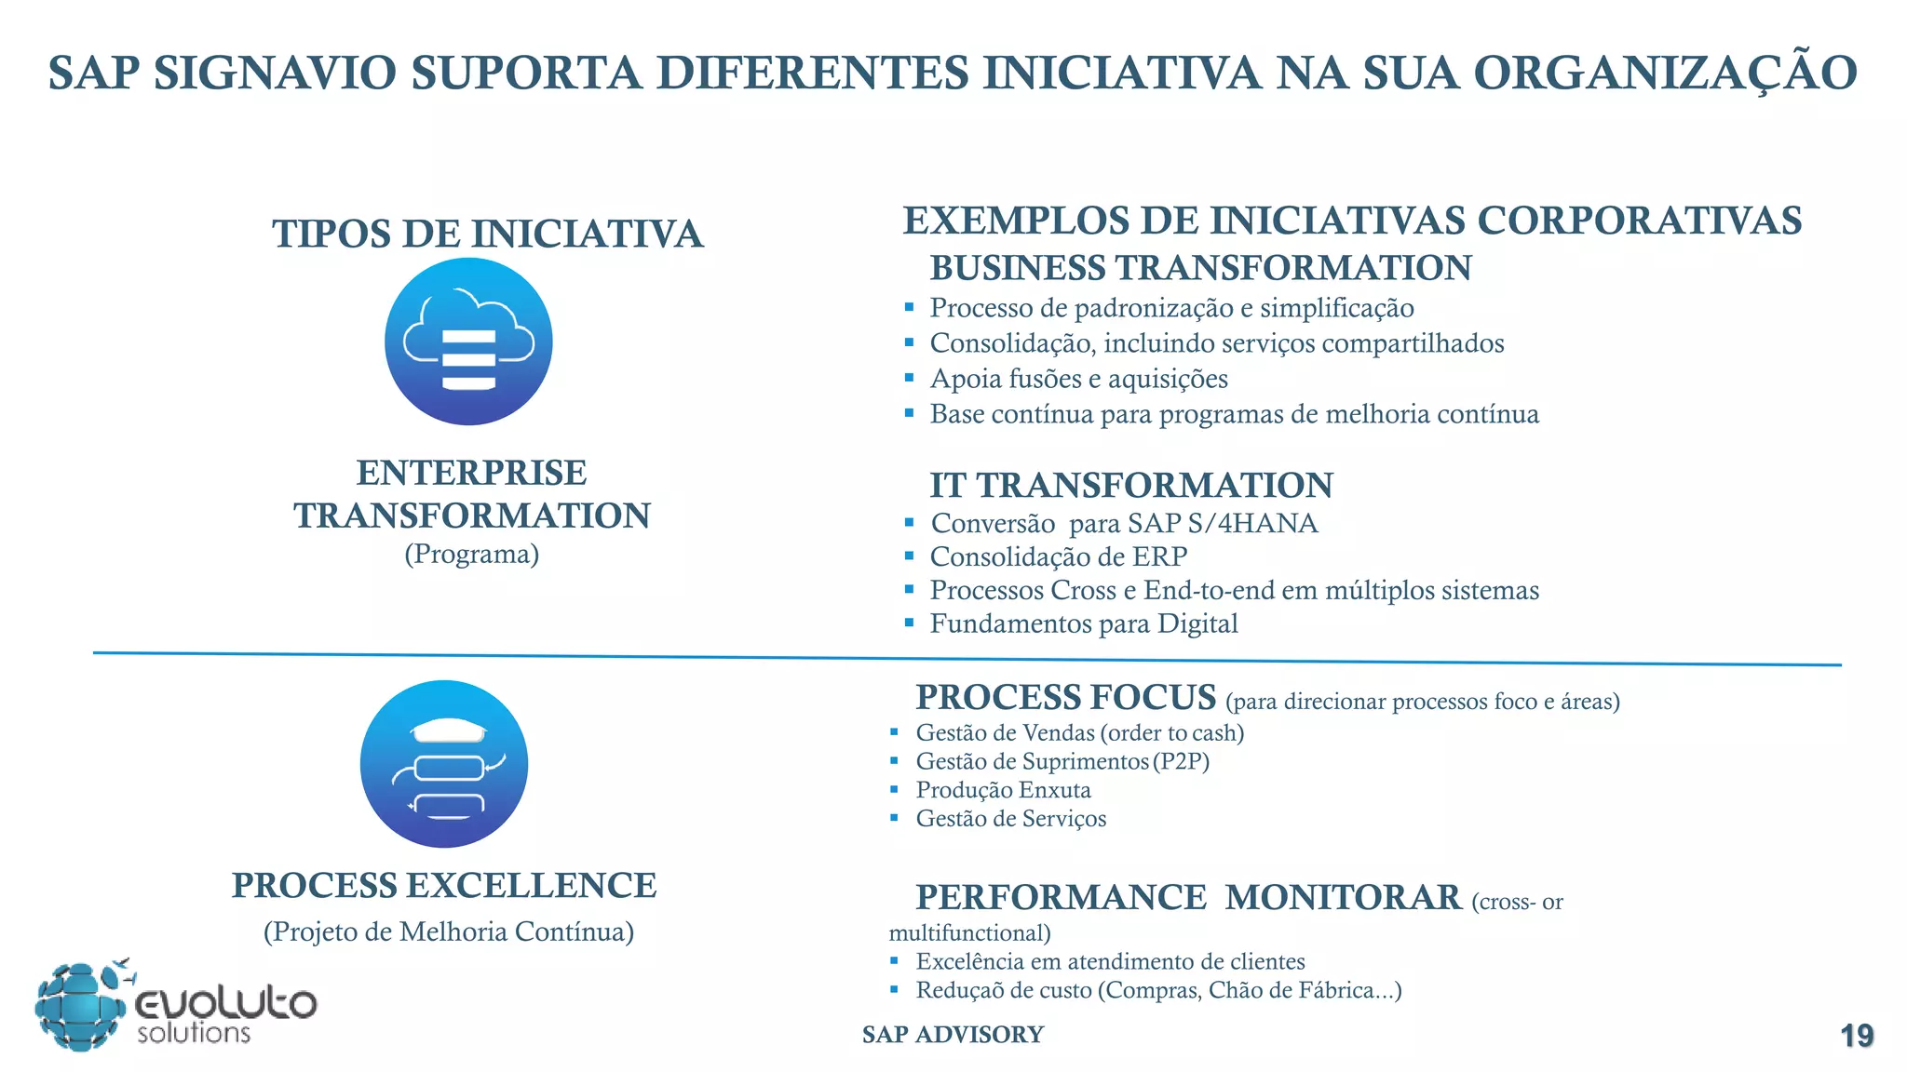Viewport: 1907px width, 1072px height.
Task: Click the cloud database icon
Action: pos(468,342)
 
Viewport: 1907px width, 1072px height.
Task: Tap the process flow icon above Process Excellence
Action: pos(444,764)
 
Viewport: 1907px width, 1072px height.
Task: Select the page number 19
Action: pos(1857,1036)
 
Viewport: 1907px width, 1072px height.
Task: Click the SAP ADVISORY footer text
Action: pos(953,1035)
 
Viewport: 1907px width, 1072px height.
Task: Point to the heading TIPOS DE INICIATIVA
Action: pos(487,234)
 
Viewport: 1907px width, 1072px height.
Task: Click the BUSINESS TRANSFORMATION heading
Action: pos(1200,268)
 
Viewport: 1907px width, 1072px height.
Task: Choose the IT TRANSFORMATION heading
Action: pos(1131,486)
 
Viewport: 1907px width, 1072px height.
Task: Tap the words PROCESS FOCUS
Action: pos(1066,697)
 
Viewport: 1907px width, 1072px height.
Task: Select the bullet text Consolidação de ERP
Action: pos(1059,556)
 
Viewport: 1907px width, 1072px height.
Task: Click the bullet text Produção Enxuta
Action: pos(1003,790)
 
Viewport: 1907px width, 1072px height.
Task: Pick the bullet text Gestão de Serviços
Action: pos(1011,819)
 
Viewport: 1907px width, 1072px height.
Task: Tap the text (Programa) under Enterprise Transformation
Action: pos(472,555)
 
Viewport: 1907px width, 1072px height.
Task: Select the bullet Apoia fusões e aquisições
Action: pos(1078,379)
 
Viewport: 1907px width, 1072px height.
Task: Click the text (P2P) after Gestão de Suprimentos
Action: pos(1181,761)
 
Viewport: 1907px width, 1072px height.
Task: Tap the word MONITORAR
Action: pos(1343,898)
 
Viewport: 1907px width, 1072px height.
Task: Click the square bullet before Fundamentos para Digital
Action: pos(910,623)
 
